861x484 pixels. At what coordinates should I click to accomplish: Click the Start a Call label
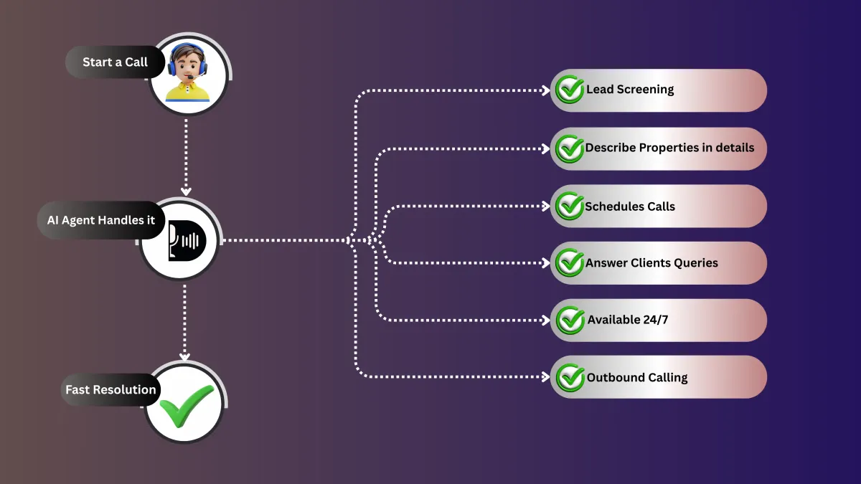tap(115, 62)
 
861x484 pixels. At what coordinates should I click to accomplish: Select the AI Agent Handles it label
tap(100, 220)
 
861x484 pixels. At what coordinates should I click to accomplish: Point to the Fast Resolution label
tap(110, 390)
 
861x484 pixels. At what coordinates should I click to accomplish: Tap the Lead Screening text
tap(630, 90)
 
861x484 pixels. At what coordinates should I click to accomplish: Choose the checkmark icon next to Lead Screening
tap(570, 90)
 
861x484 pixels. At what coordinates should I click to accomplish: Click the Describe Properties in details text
tap(669, 148)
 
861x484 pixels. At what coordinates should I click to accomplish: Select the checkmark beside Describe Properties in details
tap(570, 148)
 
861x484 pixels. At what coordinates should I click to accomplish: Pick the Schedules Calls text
tap(630, 207)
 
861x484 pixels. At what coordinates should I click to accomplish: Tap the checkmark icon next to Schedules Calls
tap(570, 207)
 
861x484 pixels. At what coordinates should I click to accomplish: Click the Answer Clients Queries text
tap(651, 263)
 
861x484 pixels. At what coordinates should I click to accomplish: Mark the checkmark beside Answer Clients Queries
tap(570, 263)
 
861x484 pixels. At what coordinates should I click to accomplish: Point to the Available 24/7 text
tap(627, 320)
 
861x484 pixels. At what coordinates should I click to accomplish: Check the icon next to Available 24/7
tap(570, 321)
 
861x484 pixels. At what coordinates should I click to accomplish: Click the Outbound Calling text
tap(637, 377)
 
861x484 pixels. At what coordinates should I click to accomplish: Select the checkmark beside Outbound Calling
tap(570, 378)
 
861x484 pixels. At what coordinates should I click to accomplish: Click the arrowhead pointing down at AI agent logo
tap(186, 191)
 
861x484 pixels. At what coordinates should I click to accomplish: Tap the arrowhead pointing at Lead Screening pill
tap(546, 90)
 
